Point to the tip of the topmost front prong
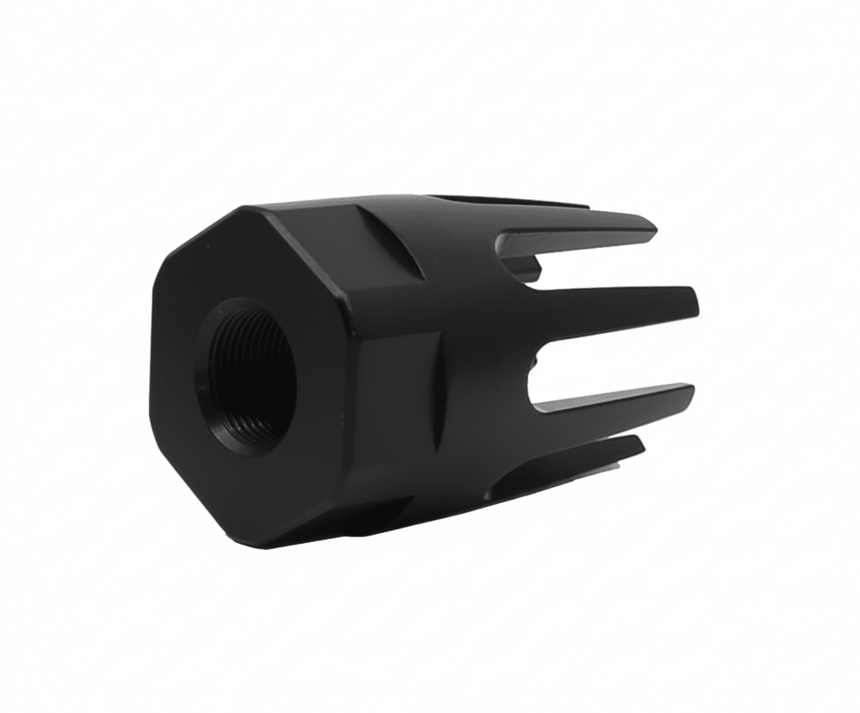click(653, 227)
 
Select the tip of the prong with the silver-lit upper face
click(691, 392)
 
